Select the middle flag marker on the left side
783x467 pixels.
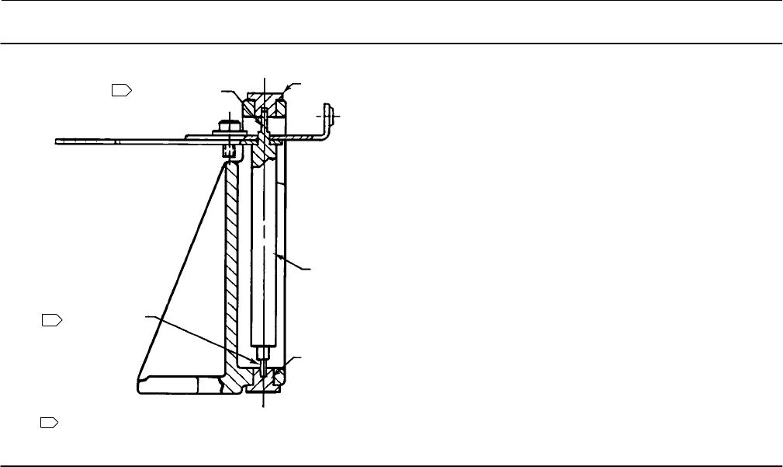coord(50,319)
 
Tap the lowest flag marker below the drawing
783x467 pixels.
coord(49,423)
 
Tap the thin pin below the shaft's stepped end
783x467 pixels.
coord(264,364)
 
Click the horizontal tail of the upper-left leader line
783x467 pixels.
coord(226,92)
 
